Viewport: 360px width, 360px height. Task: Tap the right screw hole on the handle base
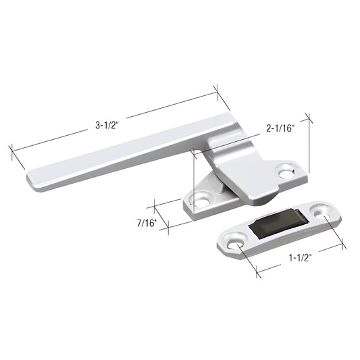coord(286,172)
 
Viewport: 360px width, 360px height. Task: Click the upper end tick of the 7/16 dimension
coord(155,203)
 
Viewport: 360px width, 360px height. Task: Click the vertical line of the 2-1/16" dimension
coord(309,145)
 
